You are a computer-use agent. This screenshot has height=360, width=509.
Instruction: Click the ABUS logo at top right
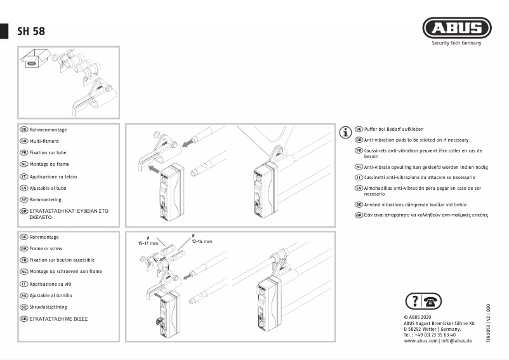point(456,28)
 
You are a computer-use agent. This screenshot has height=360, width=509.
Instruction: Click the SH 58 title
point(31,31)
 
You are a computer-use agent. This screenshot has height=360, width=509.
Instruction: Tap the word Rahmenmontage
point(48,130)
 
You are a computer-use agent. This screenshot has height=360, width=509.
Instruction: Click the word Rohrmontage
point(46,237)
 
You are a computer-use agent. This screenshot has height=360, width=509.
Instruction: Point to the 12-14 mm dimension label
point(202,241)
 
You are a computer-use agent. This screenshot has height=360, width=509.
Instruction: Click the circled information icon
point(346,133)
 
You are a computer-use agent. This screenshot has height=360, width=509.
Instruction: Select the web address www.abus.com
point(420,341)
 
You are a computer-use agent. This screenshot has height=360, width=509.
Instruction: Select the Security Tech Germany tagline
point(456,43)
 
